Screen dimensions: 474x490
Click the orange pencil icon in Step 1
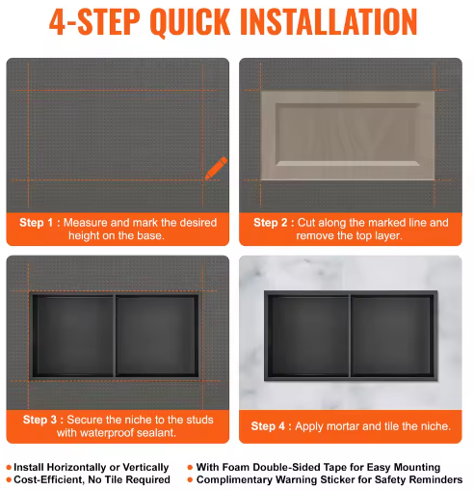pos(216,168)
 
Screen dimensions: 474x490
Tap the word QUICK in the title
pos(190,22)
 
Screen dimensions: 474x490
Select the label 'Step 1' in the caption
pos(36,223)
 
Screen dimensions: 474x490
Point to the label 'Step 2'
pos(271,223)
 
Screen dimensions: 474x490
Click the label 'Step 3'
pos(39,420)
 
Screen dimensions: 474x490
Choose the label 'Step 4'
pos(268,426)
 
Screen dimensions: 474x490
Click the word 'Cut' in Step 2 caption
pos(306,223)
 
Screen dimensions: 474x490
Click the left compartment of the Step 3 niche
pos(74,335)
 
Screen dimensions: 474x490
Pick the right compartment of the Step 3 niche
pos(156,335)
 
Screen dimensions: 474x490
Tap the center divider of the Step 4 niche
pos(350,336)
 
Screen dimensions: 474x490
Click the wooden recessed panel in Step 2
pos(348,135)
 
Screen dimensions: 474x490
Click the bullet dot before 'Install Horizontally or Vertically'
pos(9,467)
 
